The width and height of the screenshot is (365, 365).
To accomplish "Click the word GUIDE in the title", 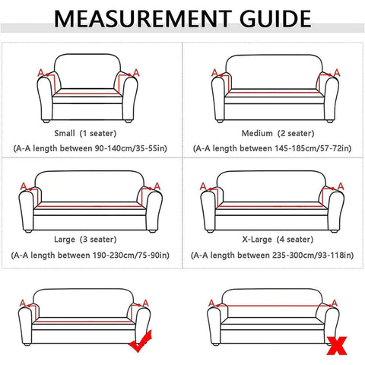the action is click(x=275, y=19).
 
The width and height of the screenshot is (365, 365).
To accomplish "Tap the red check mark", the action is click(x=141, y=341).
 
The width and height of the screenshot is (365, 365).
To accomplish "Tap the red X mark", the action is click(x=337, y=346).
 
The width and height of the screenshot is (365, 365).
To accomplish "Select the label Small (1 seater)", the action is click(x=85, y=133).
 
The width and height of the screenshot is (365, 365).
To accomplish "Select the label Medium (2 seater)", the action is click(x=278, y=133).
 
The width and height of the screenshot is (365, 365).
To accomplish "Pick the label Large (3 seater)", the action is click(x=85, y=240).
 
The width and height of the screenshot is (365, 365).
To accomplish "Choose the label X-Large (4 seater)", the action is click(x=278, y=240).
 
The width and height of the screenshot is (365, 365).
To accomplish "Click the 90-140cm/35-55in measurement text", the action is click(x=130, y=148).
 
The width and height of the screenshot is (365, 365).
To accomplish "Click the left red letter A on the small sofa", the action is click(x=40, y=73).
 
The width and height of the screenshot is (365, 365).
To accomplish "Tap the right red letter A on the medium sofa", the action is click(x=337, y=73).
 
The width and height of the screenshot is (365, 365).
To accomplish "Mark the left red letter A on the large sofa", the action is click(x=24, y=186).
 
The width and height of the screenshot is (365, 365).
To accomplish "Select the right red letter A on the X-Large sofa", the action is click(x=341, y=186).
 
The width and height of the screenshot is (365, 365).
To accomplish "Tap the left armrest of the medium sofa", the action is click(x=218, y=98).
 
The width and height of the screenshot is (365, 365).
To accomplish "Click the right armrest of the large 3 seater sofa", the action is click(x=154, y=211).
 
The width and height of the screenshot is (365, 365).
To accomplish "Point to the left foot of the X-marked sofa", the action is click(x=215, y=344).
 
